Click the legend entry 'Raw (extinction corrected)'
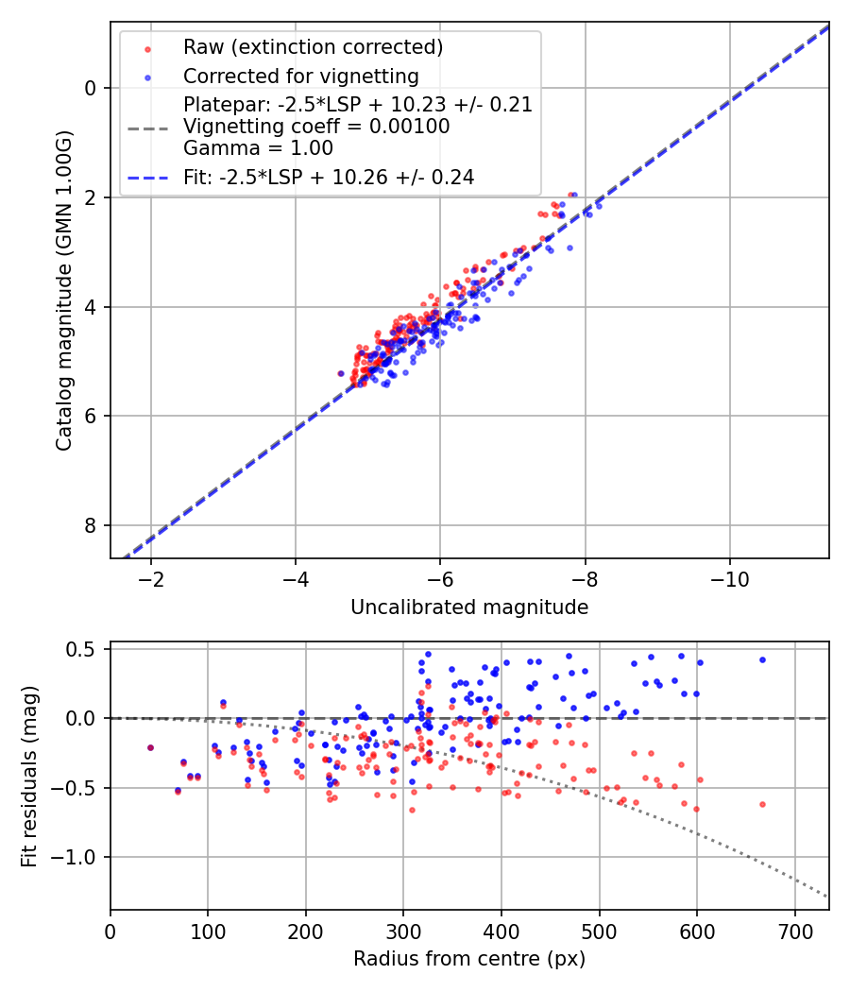coord(313,47)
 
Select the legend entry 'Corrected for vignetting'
coord(301,76)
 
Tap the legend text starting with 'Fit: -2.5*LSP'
coord(329,177)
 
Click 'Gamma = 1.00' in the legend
coord(258,147)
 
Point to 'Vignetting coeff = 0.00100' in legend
coord(316,127)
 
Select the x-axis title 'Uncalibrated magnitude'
coord(469,607)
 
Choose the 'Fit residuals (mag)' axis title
coord(30,776)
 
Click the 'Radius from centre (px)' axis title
coord(469,959)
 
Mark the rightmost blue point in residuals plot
coord(762,659)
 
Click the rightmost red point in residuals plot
coord(762,804)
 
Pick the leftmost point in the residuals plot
coord(150,747)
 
